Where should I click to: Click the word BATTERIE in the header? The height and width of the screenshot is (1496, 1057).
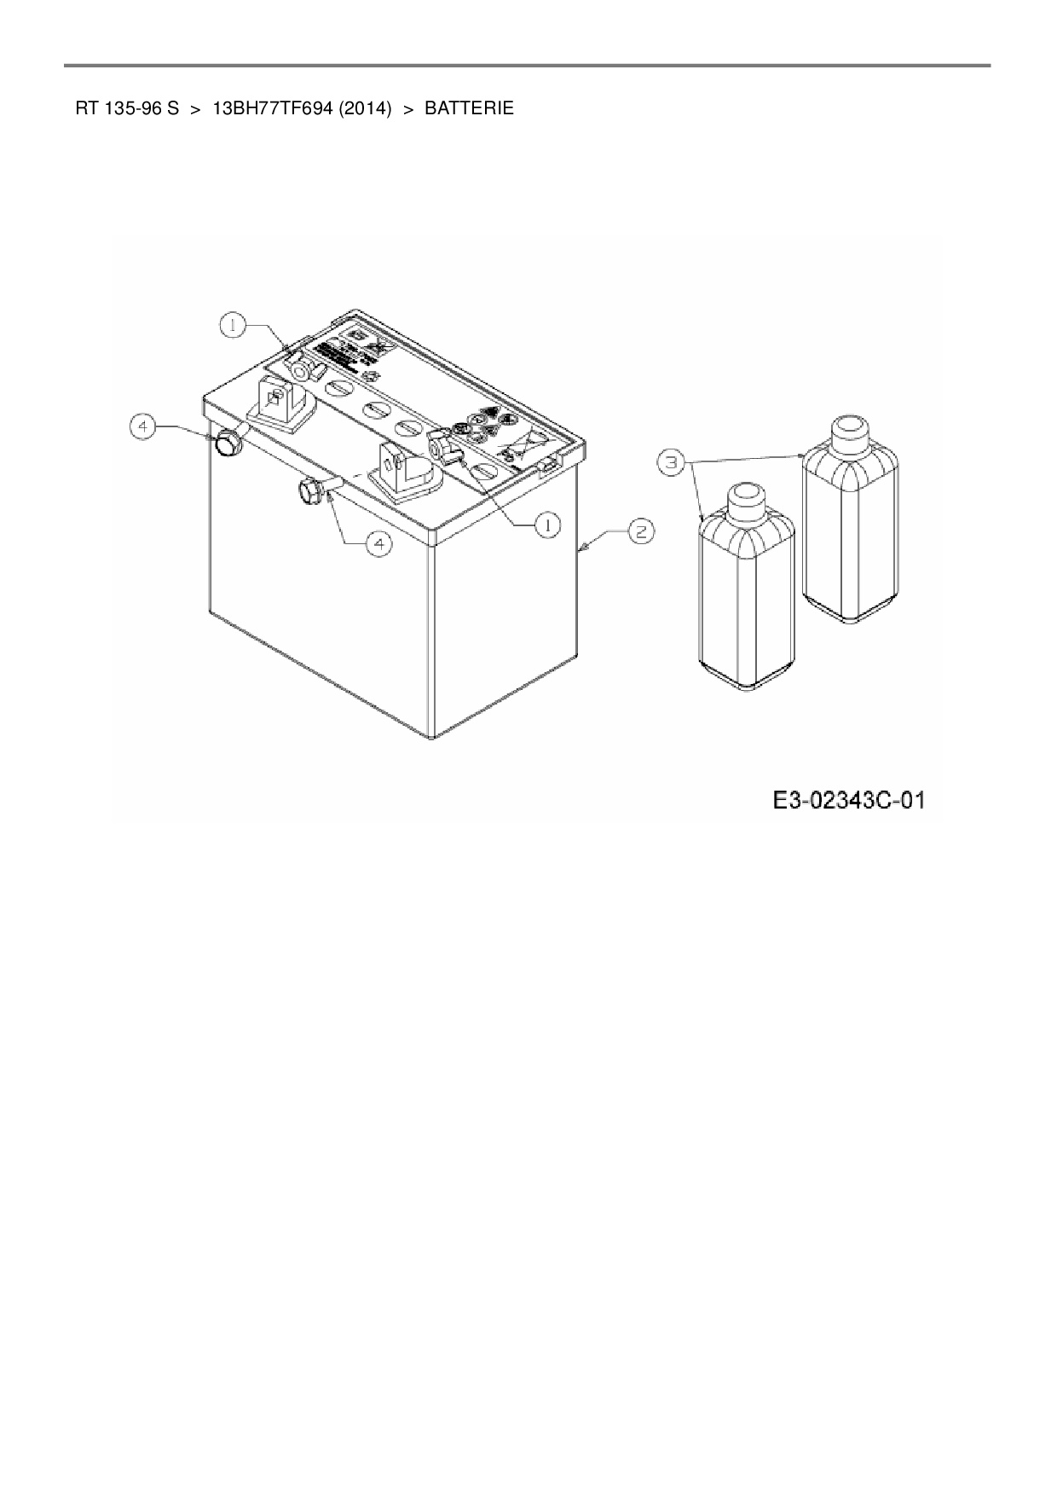click(x=469, y=109)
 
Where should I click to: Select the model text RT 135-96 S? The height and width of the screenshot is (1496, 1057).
click(x=127, y=109)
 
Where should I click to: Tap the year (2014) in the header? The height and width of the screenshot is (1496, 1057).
click(x=364, y=109)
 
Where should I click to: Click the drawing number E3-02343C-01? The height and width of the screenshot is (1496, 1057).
click(x=849, y=801)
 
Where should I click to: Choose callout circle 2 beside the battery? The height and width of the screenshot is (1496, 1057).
click(x=641, y=531)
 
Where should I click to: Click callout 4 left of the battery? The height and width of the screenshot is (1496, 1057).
click(x=143, y=426)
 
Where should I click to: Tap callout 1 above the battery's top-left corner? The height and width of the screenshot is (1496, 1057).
click(x=233, y=324)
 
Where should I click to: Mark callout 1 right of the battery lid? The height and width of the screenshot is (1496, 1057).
click(x=547, y=525)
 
